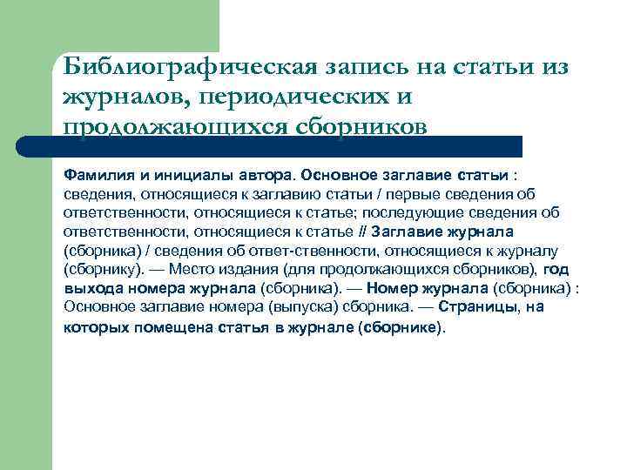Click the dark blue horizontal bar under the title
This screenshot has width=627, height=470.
287,145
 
